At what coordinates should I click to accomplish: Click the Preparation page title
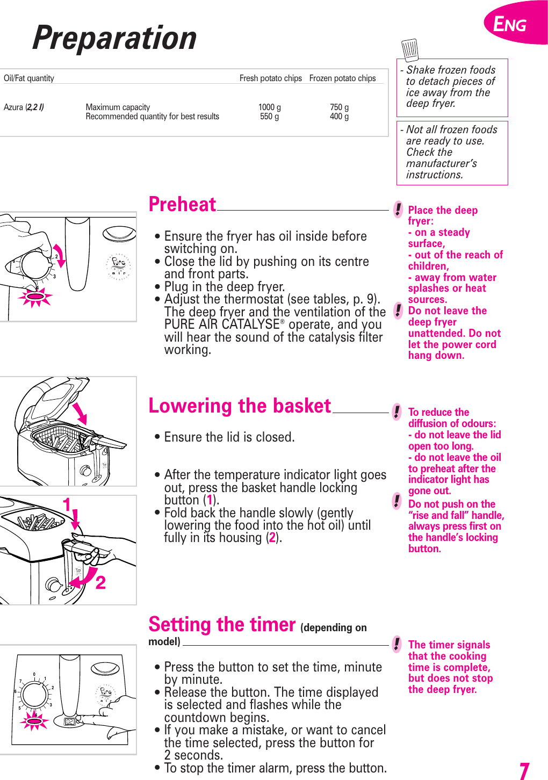(114, 39)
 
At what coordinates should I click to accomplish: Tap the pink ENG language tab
(510, 24)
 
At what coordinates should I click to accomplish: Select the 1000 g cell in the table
(269, 107)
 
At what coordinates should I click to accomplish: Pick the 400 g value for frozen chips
(339, 116)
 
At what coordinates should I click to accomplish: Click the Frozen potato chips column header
(342, 78)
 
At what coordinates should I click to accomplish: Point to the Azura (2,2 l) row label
(24, 107)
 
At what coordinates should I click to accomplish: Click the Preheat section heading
(182, 205)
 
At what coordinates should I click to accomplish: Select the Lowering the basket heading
(240, 406)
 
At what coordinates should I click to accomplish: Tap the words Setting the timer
(222, 625)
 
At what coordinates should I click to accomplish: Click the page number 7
(524, 770)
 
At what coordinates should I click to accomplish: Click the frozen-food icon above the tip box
(410, 49)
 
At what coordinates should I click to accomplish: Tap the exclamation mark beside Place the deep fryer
(398, 209)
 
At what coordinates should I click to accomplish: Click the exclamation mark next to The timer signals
(396, 644)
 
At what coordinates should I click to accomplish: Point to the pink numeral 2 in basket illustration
(100, 582)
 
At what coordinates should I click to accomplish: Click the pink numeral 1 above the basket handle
(67, 505)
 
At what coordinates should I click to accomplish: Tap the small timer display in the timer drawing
(69, 721)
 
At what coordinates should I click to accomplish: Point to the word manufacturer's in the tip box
(441, 163)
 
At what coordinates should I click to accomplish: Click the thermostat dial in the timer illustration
(34, 695)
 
